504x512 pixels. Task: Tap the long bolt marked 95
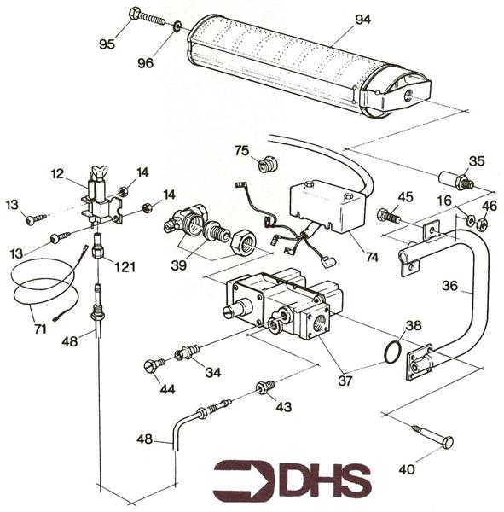coord(150,18)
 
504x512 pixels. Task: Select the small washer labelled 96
coord(177,27)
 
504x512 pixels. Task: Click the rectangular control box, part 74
coord(328,205)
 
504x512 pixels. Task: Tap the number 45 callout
coord(405,197)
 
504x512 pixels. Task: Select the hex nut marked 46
coord(481,224)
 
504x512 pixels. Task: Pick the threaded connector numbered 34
coord(188,352)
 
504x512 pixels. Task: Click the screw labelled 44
coord(153,365)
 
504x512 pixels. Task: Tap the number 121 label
coord(125,267)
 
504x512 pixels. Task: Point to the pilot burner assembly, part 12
coord(101,201)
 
